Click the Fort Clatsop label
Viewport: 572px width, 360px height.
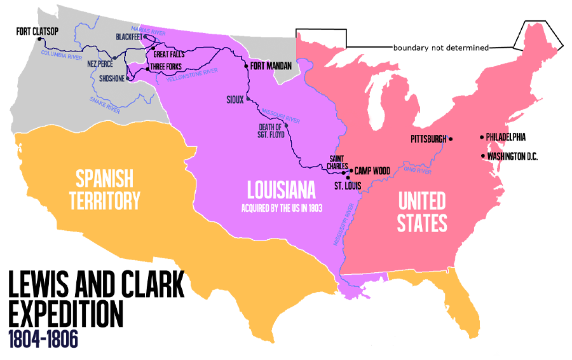pos(37,30)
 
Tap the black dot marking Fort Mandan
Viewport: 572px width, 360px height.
pos(246,66)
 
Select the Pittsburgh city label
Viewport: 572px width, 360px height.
pos(428,139)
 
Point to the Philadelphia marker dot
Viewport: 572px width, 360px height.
pos(482,137)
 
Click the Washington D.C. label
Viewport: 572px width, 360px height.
pos(513,156)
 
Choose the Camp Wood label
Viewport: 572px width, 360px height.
pos(371,171)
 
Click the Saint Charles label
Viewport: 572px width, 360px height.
pos(337,162)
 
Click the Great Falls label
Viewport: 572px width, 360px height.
pos(169,55)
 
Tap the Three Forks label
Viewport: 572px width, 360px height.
pos(166,67)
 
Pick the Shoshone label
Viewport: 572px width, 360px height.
pos(112,79)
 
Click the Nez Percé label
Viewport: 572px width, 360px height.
pos(100,64)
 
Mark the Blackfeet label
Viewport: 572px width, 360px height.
pos(129,37)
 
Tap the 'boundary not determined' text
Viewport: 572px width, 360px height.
pos(440,48)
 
